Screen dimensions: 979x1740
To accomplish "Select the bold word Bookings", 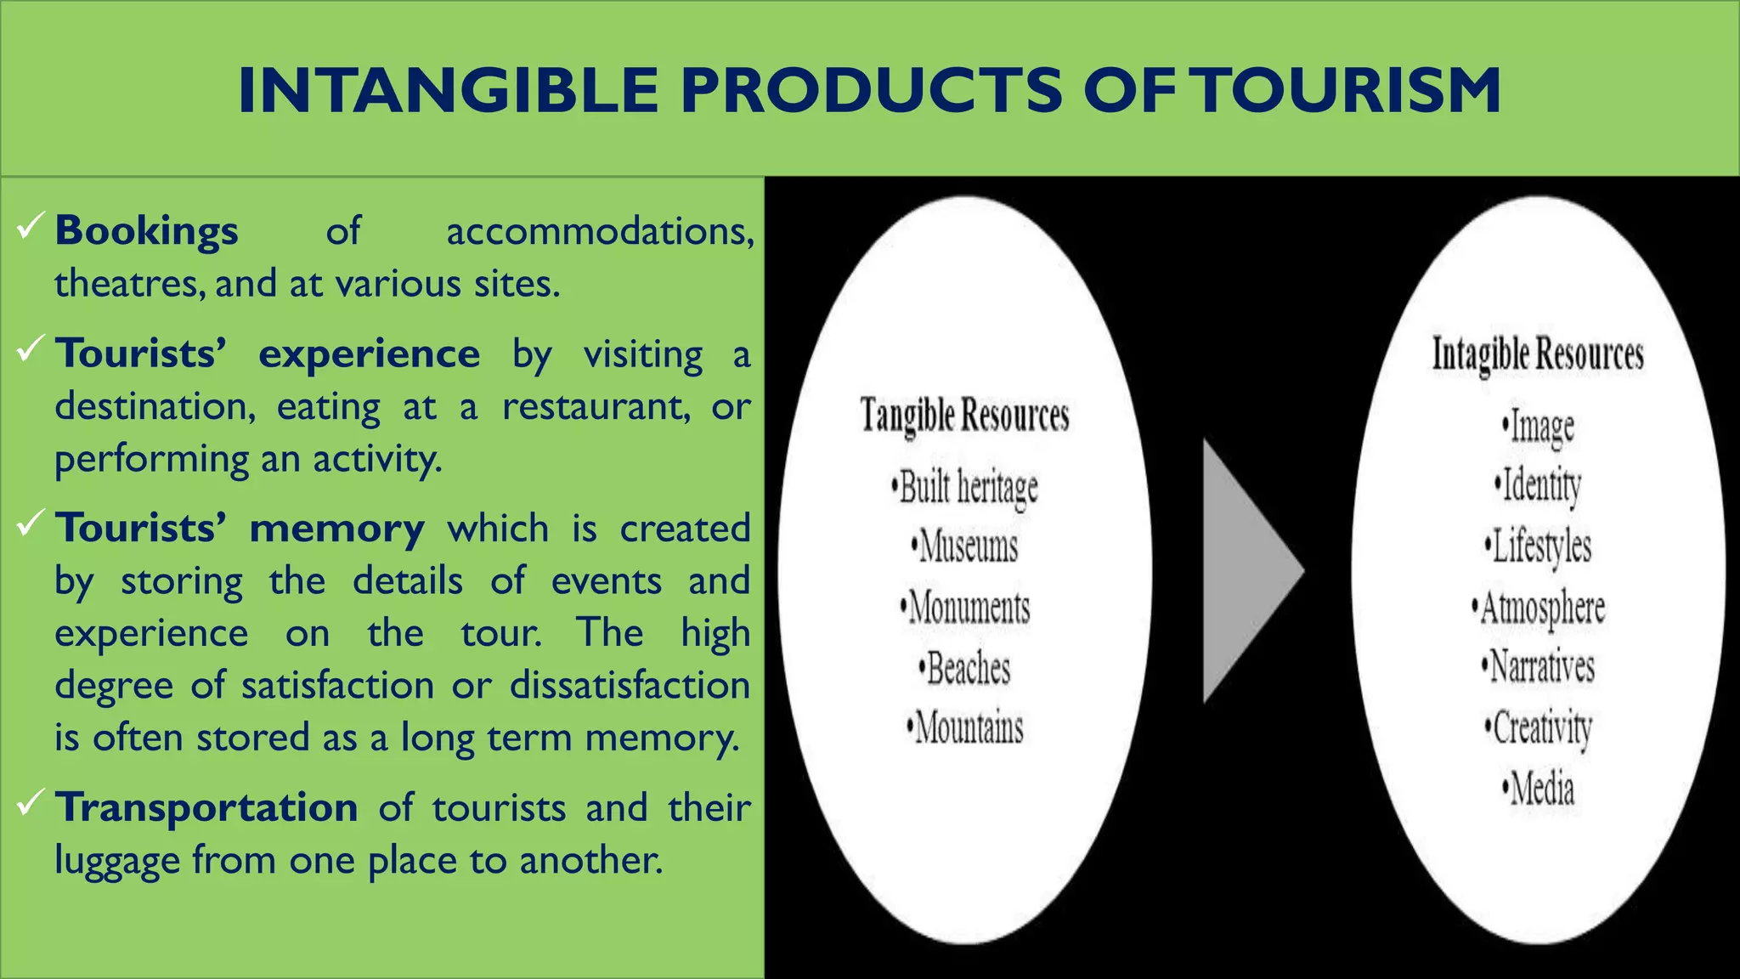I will [146, 231].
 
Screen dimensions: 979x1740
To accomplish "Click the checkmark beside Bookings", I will [30, 226].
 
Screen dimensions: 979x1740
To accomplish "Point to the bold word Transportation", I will [206, 807].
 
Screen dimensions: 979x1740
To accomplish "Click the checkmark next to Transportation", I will [30, 802].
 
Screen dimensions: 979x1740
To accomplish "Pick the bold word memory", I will [336, 529].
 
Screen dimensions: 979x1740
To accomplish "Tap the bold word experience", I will [369, 354].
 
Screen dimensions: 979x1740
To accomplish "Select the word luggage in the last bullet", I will [116, 861].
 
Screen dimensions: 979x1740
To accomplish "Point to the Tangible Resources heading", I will [964, 416].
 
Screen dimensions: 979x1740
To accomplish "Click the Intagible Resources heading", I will [1538, 354].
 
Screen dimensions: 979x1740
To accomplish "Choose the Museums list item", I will [965, 546].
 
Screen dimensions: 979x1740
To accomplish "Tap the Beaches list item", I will [965, 669].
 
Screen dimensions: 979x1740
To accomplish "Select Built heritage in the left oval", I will [966, 487].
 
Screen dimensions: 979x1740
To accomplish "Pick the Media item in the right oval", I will [1539, 789].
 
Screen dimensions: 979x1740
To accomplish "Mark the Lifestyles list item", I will [1539, 546].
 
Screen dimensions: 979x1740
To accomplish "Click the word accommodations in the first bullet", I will [600, 231].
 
